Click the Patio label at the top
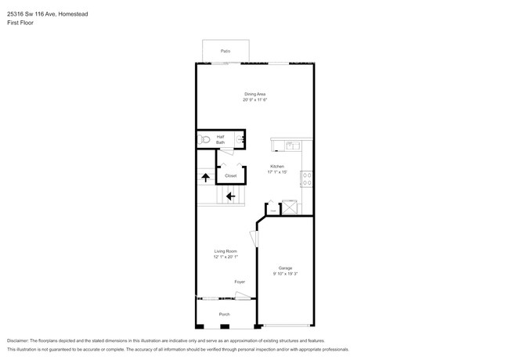(226, 51)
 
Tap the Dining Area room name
(255, 94)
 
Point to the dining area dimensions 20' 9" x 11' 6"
(255, 100)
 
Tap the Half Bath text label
(221, 139)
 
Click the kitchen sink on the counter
(290, 145)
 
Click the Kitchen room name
(277, 167)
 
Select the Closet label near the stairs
(230, 175)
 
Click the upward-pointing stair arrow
(205, 178)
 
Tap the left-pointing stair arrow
(231, 196)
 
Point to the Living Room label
(226, 251)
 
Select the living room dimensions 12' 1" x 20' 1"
(226, 257)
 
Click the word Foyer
(240, 282)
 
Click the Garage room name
(287, 268)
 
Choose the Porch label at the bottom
(225, 315)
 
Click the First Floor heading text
(20, 23)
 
